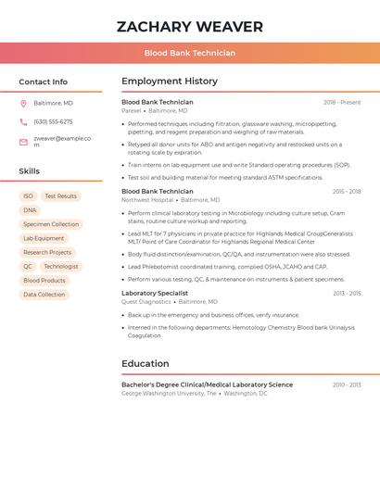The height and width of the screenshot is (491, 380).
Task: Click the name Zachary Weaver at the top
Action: coord(189,27)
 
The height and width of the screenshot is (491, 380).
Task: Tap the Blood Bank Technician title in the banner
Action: coord(189,53)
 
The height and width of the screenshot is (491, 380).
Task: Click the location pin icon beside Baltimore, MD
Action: coord(23,103)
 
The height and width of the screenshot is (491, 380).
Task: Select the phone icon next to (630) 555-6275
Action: coord(23,121)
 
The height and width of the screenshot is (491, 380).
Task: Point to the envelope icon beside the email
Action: coord(23,142)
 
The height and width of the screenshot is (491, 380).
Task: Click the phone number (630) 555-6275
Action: coord(53,121)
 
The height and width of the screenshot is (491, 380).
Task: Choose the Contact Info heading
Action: coord(43,82)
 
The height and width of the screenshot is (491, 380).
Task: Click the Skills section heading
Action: coord(29,170)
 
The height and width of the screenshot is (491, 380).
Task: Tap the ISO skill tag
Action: coord(28,196)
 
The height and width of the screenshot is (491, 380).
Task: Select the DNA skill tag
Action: coord(30,210)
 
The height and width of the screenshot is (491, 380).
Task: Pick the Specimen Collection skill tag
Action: coord(51,224)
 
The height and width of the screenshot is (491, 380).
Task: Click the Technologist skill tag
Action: coord(61,266)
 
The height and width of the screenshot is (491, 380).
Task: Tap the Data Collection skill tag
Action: coord(44,295)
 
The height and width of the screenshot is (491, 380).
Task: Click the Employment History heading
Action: coord(170,82)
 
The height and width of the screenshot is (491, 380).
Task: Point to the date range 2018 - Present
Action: coord(342,102)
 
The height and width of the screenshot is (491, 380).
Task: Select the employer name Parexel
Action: coord(132,110)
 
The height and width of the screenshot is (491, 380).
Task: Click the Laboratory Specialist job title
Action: coord(154,293)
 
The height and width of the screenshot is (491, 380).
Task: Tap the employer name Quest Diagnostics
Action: coord(146,301)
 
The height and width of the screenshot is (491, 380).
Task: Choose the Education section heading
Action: coord(146,363)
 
